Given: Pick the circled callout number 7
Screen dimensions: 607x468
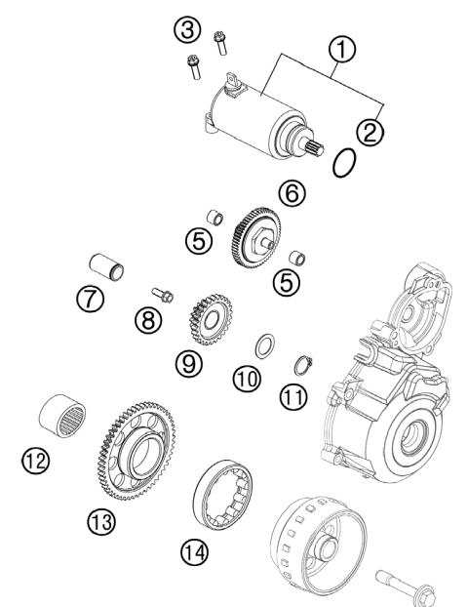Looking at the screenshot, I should click(90, 301).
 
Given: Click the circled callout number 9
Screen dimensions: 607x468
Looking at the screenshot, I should click(189, 363).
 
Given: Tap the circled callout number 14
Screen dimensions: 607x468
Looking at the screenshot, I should click(194, 553).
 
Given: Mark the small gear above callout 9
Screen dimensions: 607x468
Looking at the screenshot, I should click(206, 320).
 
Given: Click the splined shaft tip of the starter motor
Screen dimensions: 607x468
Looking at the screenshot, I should click(315, 149).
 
